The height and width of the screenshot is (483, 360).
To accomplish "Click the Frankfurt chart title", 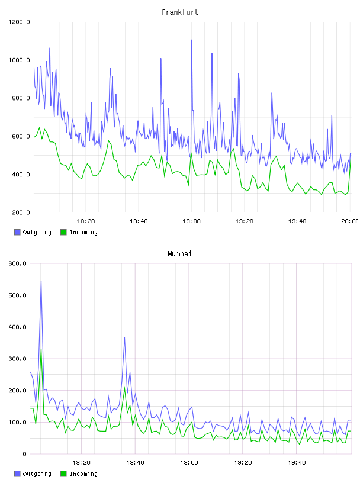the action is (x=180, y=12).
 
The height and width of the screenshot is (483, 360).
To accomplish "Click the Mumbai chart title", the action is (x=179, y=254).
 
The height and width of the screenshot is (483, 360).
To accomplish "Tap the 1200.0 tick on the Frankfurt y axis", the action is (x=19, y=22).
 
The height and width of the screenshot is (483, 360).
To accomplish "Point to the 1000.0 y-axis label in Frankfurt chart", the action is (x=19, y=60).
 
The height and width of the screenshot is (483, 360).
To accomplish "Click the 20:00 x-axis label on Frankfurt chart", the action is (x=350, y=221).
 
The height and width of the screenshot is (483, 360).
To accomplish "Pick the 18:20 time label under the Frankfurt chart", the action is (x=86, y=221).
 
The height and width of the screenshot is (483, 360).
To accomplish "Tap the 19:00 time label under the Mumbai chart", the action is (x=189, y=463).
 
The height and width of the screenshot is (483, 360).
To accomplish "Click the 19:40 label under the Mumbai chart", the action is (x=297, y=463).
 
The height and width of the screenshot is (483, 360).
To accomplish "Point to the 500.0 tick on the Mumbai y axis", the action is (x=17, y=295).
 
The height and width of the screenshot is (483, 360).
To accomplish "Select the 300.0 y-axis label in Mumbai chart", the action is (x=17, y=359).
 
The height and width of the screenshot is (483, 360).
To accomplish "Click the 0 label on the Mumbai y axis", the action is (x=24, y=454).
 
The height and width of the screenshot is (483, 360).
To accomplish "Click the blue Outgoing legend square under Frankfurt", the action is (x=17, y=232).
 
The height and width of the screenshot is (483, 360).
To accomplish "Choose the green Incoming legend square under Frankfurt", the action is (x=63, y=232).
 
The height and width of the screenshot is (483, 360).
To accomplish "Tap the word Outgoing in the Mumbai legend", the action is (x=37, y=474).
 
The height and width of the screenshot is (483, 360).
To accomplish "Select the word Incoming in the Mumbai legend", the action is (x=83, y=474).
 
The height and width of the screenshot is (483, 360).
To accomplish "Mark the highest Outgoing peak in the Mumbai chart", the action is (x=41, y=281).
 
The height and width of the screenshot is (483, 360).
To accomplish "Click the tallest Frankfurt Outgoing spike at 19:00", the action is (x=192, y=40).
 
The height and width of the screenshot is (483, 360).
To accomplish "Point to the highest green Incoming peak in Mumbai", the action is (x=41, y=349).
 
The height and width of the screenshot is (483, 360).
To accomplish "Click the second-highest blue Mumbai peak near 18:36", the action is (x=124, y=338).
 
